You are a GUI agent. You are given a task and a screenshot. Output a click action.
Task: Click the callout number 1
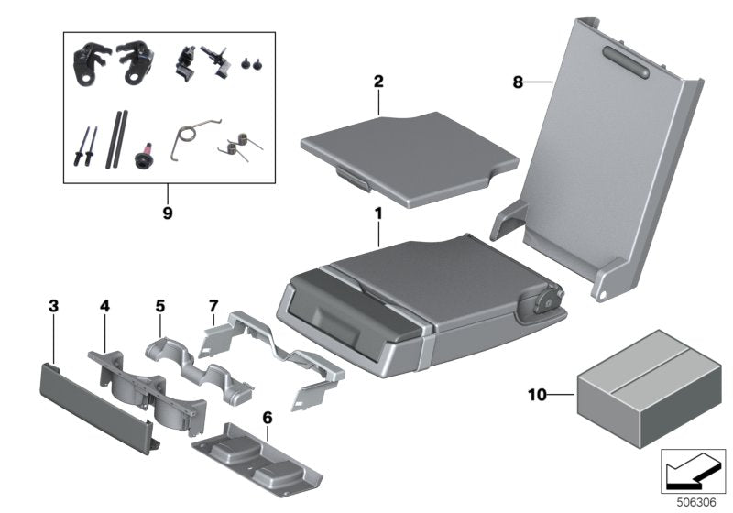click(x=377, y=213)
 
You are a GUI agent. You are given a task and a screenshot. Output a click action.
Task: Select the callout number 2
click(x=377, y=81)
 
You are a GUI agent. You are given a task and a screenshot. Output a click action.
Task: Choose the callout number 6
click(x=268, y=418)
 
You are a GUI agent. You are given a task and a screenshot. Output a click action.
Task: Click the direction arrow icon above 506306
click(x=694, y=473)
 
